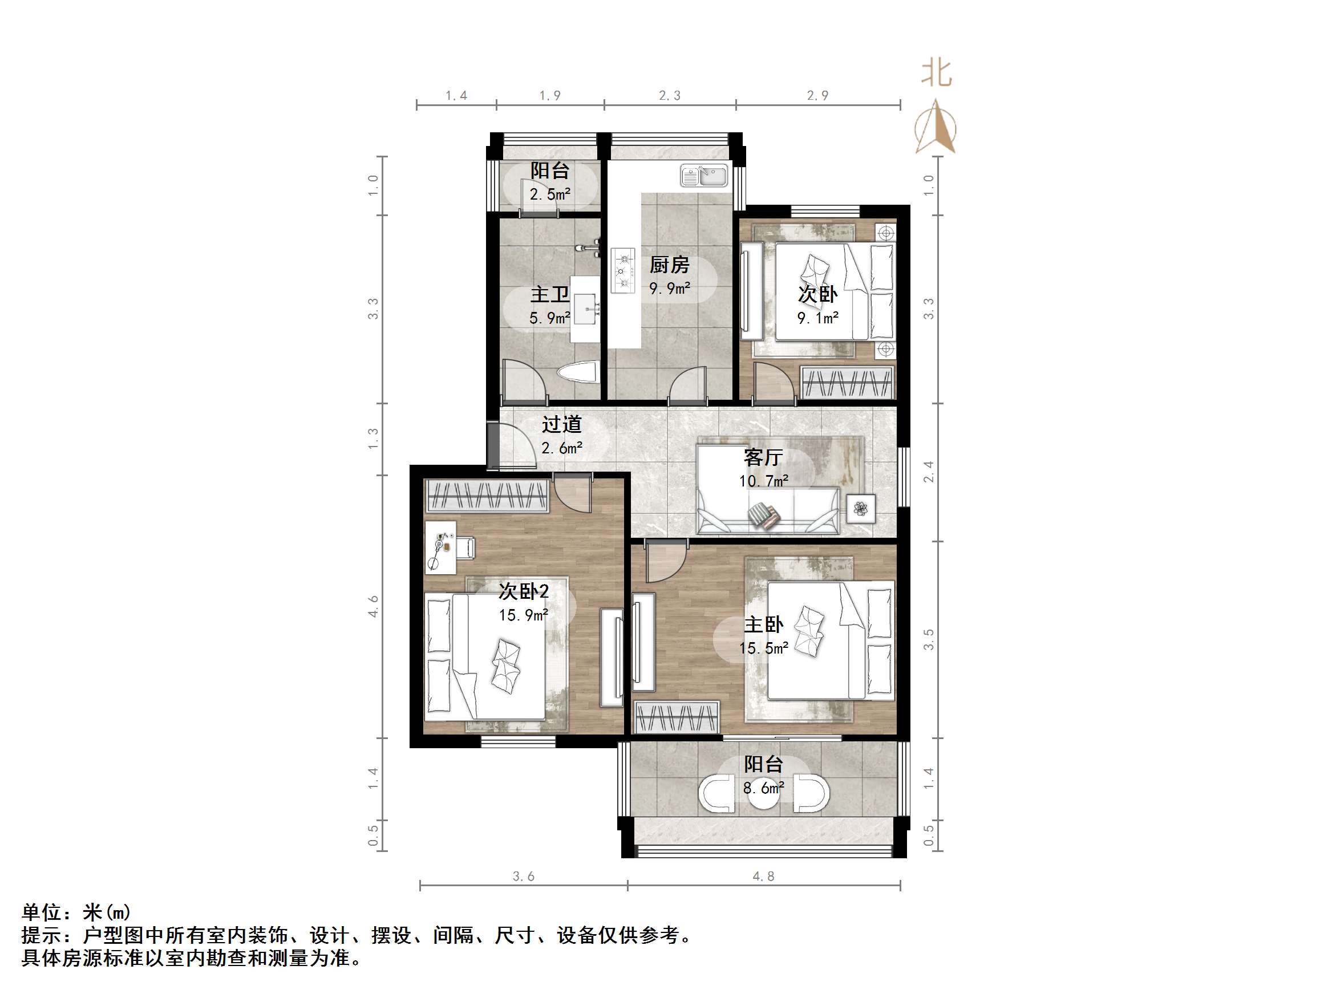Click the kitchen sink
[x=704, y=176]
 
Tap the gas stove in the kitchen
[x=622, y=271]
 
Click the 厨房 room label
[x=669, y=265]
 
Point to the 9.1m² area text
[x=817, y=318]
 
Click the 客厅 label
[x=763, y=457]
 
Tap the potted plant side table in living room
[x=860, y=509]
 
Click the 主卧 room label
[x=763, y=624]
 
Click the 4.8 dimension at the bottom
[x=763, y=876]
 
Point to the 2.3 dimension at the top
[x=670, y=95]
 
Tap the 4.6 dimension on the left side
[x=373, y=606]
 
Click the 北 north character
[x=936, y=74]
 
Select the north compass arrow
[x=936, y=127]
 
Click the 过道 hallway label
[x=561, y=424]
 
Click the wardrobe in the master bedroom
[x=677, y=717]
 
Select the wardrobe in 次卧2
[x=487, y=496]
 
